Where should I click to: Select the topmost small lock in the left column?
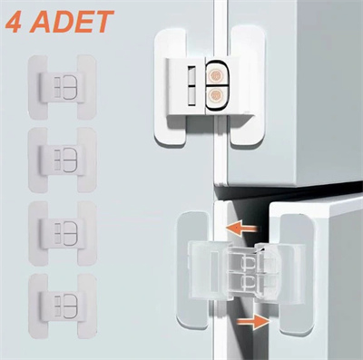[x=64, y=87]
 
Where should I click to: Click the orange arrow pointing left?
[x=239, y=229]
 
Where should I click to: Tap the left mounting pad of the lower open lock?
[x=194, y=272]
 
